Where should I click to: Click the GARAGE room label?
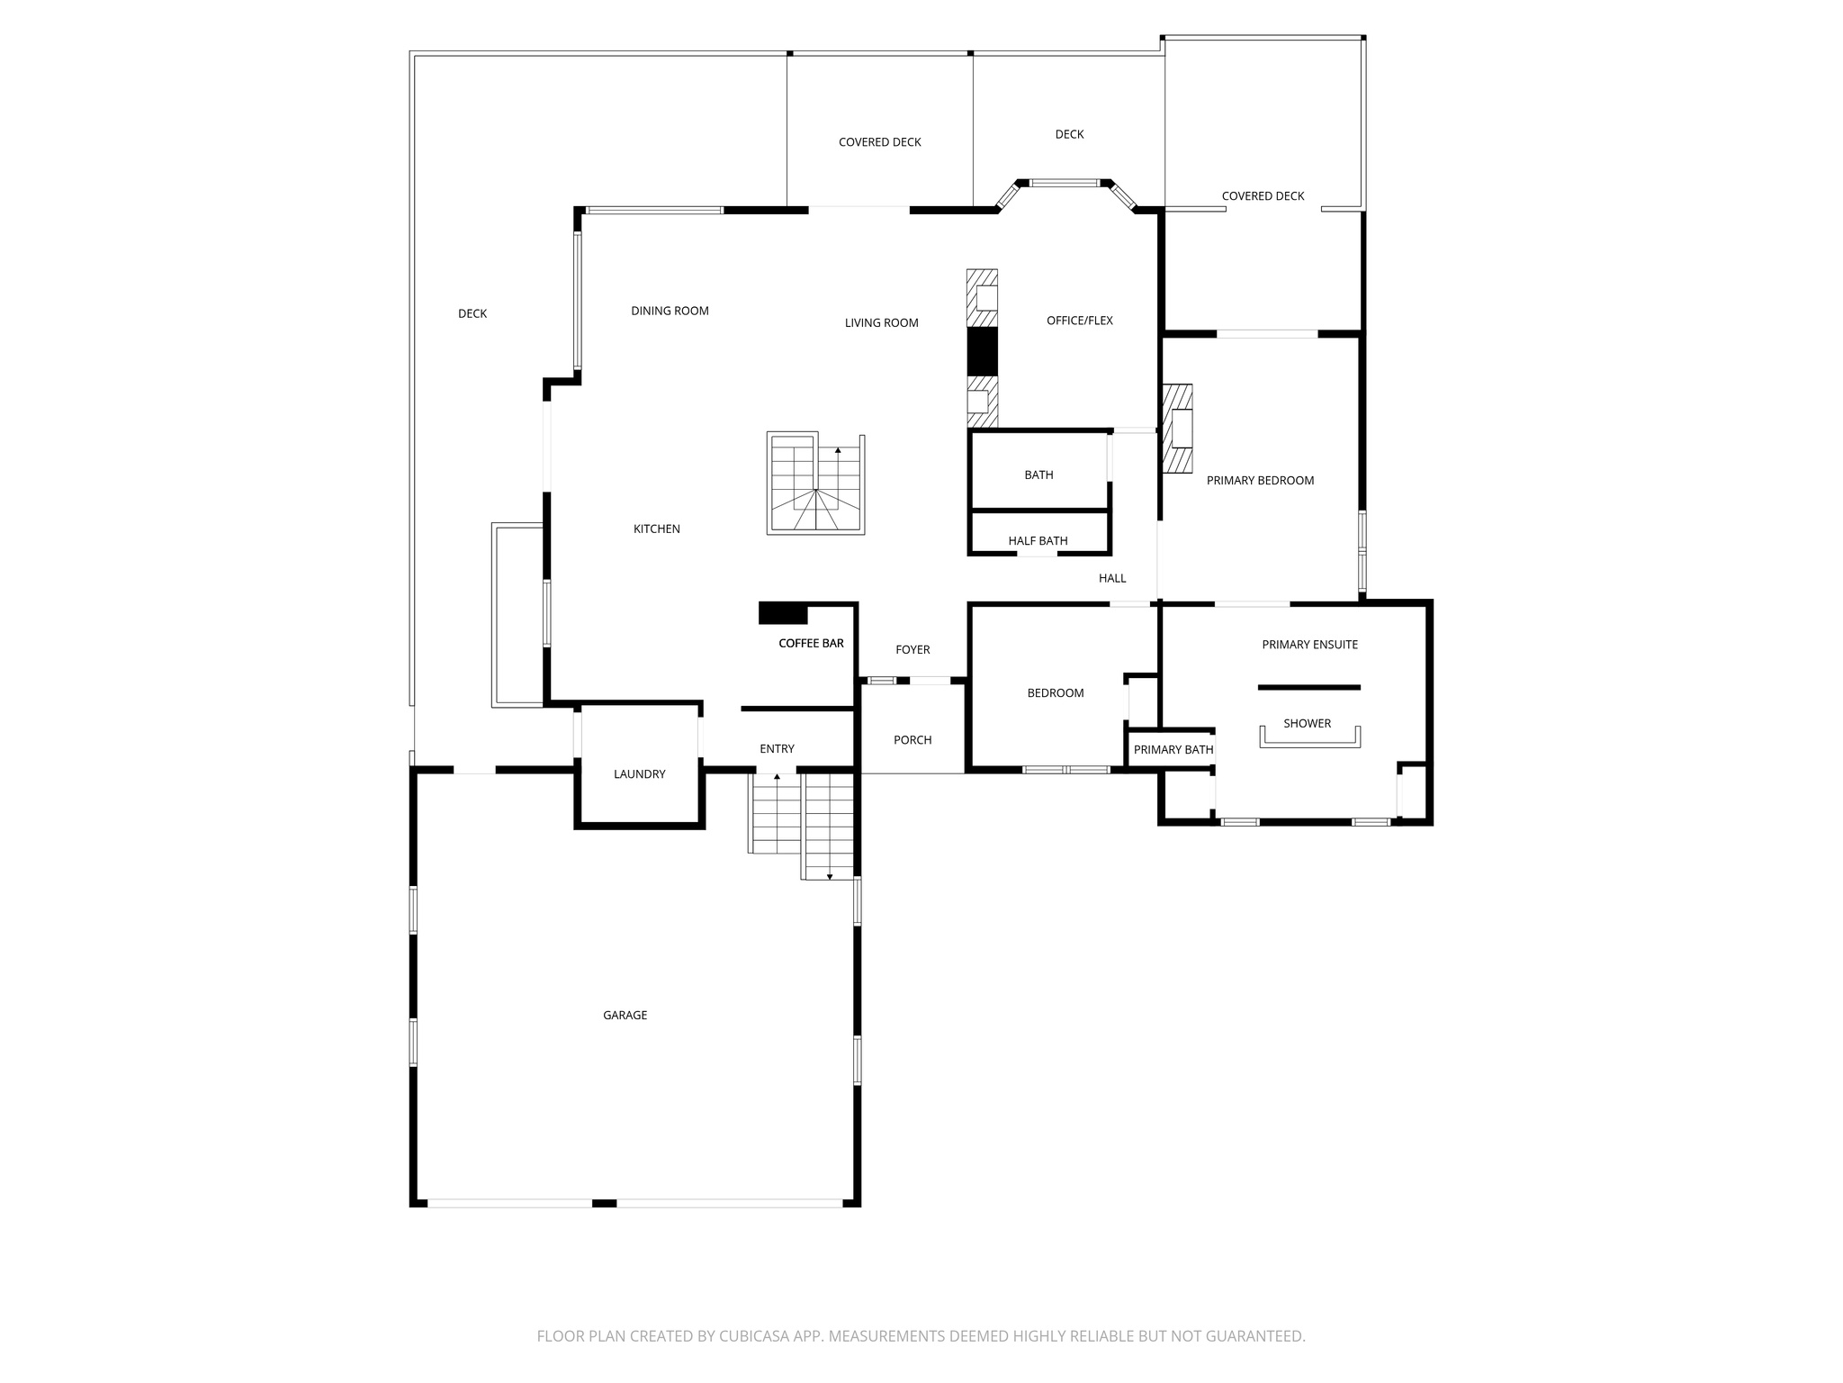pos(625,1015)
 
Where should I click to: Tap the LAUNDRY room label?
pos(639,773)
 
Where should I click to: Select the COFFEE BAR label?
pos(811,643)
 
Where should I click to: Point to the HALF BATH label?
pos(1038,540)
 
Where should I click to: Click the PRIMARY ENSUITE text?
pos(1309,644)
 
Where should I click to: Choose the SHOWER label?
pos(1307,723)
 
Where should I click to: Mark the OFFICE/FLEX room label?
pos(1079,320)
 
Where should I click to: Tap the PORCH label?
pos(913,739)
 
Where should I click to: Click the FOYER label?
pos(913,649)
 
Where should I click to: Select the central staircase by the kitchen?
pos(816,484)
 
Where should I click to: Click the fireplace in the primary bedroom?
pos(1178,429)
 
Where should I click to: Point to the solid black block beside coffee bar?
pos(783,613)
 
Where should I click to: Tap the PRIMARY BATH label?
pos(1173,749)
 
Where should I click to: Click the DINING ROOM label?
pos(670,311)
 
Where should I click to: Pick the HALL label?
pos(1112,578)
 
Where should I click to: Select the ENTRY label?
pos(777,748)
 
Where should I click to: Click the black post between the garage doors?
pos(604,1203)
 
